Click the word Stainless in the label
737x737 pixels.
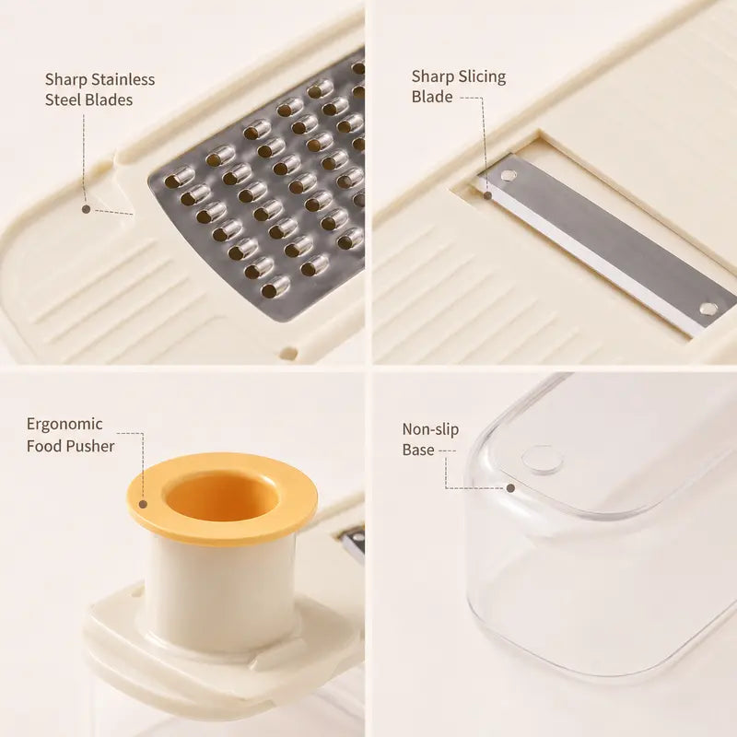pos(123,79)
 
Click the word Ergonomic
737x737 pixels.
pos(64,425)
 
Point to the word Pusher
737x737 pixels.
pos(90,446)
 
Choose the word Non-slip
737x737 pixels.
pos(430,429)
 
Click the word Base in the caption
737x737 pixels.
pos(418,450)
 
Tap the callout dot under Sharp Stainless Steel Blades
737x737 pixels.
pos(86,209)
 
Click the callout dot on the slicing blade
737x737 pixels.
pos(488,194)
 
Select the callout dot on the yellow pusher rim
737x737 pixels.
pos(144,504)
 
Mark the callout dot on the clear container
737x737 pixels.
pos(510,488)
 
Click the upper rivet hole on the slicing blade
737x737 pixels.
pos(509,176)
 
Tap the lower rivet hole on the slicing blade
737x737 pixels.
pos(708,309)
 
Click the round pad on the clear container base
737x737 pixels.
pos(542,458)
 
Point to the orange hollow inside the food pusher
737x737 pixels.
pos(219,495)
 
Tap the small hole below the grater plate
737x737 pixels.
pos(288,353)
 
